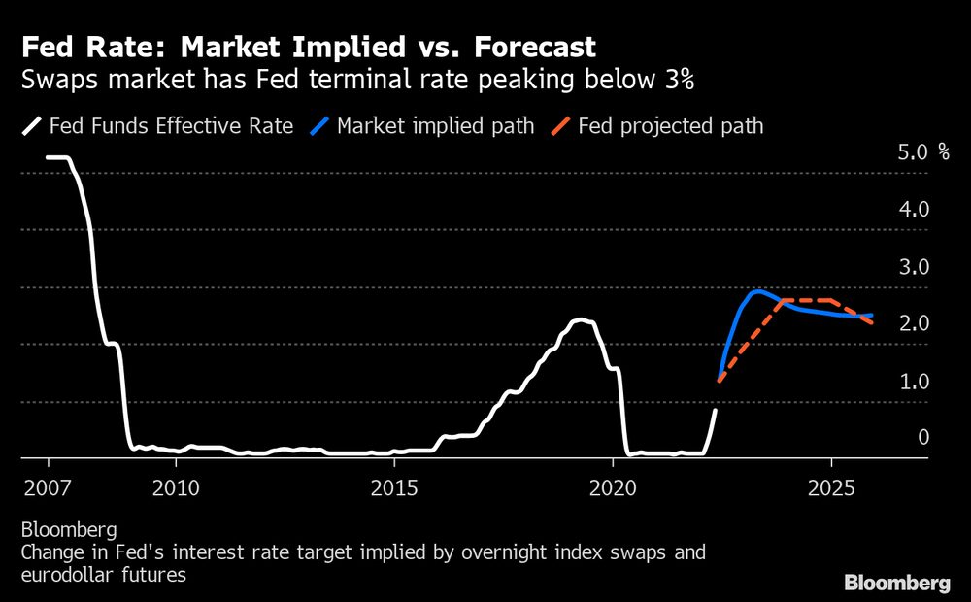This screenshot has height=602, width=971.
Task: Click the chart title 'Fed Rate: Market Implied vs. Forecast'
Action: (x=309, y=46)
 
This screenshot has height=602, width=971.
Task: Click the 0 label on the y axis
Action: (x=922, y=438)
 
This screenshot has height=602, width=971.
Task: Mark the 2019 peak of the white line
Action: (x=580, y=319)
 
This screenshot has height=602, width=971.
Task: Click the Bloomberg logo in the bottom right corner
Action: (x=896, y=584)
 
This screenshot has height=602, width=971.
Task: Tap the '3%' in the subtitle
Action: (x=677, y=81)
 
